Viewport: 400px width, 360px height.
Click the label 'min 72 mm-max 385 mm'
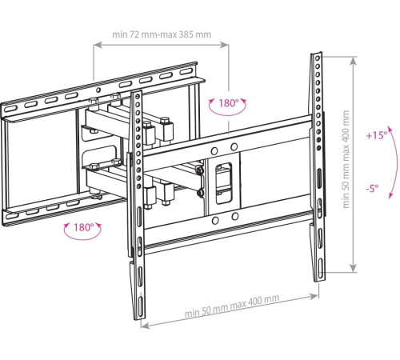tap(162, 34)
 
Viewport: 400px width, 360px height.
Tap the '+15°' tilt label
tap(377, 135)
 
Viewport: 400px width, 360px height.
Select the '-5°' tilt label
tap(372, 189)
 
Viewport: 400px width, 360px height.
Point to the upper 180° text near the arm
tap(229, 103)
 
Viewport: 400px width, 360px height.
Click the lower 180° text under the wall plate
tap(83, 227)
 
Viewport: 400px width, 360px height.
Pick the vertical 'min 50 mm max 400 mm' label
tap(346, 159)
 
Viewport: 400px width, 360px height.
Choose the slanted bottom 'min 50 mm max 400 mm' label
tap(232, 306)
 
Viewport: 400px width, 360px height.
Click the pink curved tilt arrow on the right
tap(394, 162)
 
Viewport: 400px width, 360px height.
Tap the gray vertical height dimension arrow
tap(353, 165)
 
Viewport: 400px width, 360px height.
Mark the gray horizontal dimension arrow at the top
tap(161, 45)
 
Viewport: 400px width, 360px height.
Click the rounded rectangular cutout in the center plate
tap(223, 183)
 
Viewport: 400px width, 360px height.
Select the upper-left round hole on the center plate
tap(214, 151)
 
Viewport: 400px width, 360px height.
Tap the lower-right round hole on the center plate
tap(235, 216)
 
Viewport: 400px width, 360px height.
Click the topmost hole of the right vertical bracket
tap(317, 58)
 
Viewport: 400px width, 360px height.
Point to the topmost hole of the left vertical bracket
tap(138, 96)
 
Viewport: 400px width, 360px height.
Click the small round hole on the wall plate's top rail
tap(98, 90)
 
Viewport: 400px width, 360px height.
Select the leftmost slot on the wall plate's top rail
tap(10, 109)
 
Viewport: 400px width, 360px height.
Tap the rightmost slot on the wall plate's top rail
tap(186, 71)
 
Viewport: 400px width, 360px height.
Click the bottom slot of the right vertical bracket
tap(321, 267)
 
